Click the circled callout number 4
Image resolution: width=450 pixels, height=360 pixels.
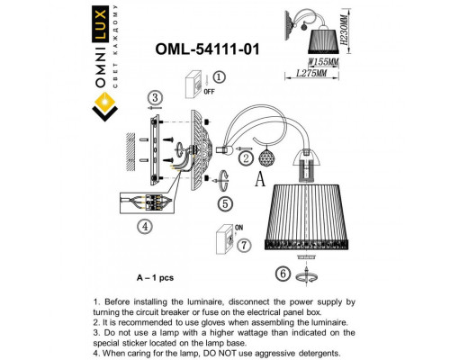pyautogui.click(x=143, y=226)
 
